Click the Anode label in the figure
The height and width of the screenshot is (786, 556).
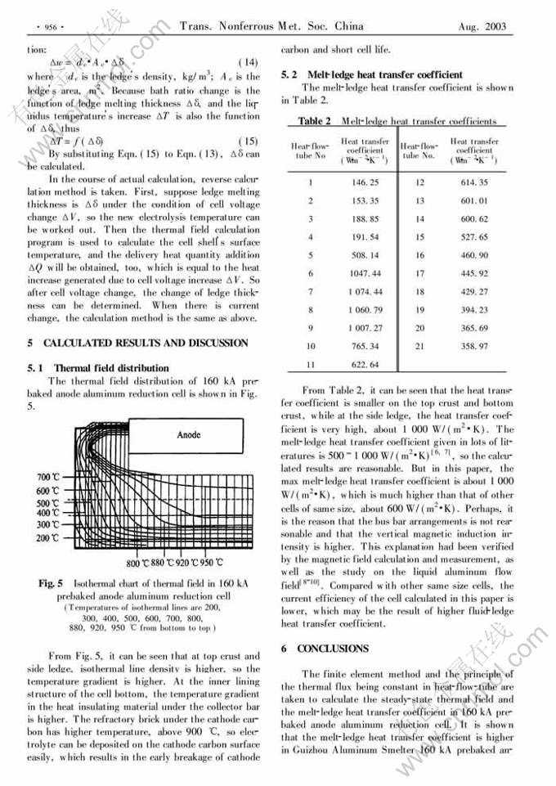(x=189, y=435)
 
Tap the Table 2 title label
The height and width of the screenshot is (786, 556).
(x=315, y=121)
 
